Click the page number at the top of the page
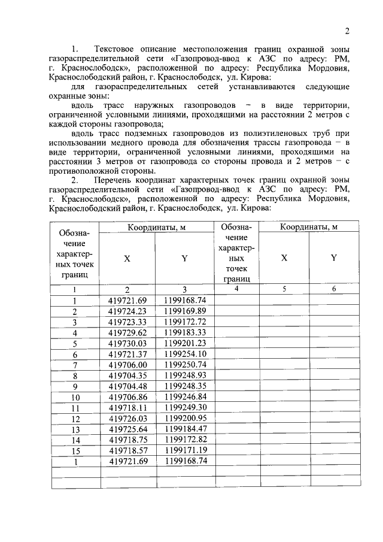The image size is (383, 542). pos(346,31)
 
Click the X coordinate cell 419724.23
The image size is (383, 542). pos(127,311)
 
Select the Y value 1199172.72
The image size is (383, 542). pos(185,322)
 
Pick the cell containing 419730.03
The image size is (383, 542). pos(127,343)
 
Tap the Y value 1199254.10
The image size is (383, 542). pos(185,354)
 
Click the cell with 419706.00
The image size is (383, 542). pos(127,365)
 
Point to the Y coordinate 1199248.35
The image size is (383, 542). pos(185,386)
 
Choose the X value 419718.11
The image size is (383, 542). pos(127,408)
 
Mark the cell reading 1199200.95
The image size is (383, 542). pos(185,418)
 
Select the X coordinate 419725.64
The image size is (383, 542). pos(127,429)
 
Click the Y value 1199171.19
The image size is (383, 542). pos(185,450)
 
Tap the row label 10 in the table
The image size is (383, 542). pos(75,397)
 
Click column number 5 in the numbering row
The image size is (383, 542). pos(284,289)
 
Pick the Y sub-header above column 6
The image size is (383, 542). pos(334,258)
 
